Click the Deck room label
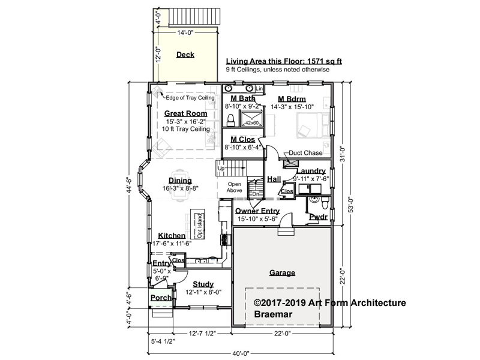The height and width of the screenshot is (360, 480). [x=185, y=55]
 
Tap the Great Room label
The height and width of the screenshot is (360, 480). [x=186, y=113]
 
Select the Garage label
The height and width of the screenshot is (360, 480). [x=282, y=273]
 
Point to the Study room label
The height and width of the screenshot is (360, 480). [x=203, y=284]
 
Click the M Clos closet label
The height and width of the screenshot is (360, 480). [x=243, y=140]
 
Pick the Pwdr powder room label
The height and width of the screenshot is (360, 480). [x=319, y=217]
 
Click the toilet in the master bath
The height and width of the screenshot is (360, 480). [x=230, y=121]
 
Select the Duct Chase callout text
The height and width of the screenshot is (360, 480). [x=305, y=153]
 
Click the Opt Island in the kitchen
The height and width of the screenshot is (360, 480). [x=197, y=224]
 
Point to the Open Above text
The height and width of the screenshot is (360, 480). [x=234, y=187]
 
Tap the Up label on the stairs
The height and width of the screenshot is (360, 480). [x=221, y=169]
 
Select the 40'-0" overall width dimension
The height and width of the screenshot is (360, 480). [x=241, y=353]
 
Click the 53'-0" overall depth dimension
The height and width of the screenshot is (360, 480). [x=351, y=205]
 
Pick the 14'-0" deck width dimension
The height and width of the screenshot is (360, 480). [x=185, y=32]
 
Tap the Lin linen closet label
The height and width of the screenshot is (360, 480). [x=259, y=88]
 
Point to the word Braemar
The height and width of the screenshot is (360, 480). [x=273, y=314]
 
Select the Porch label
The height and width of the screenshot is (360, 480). [x=161, y=298]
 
